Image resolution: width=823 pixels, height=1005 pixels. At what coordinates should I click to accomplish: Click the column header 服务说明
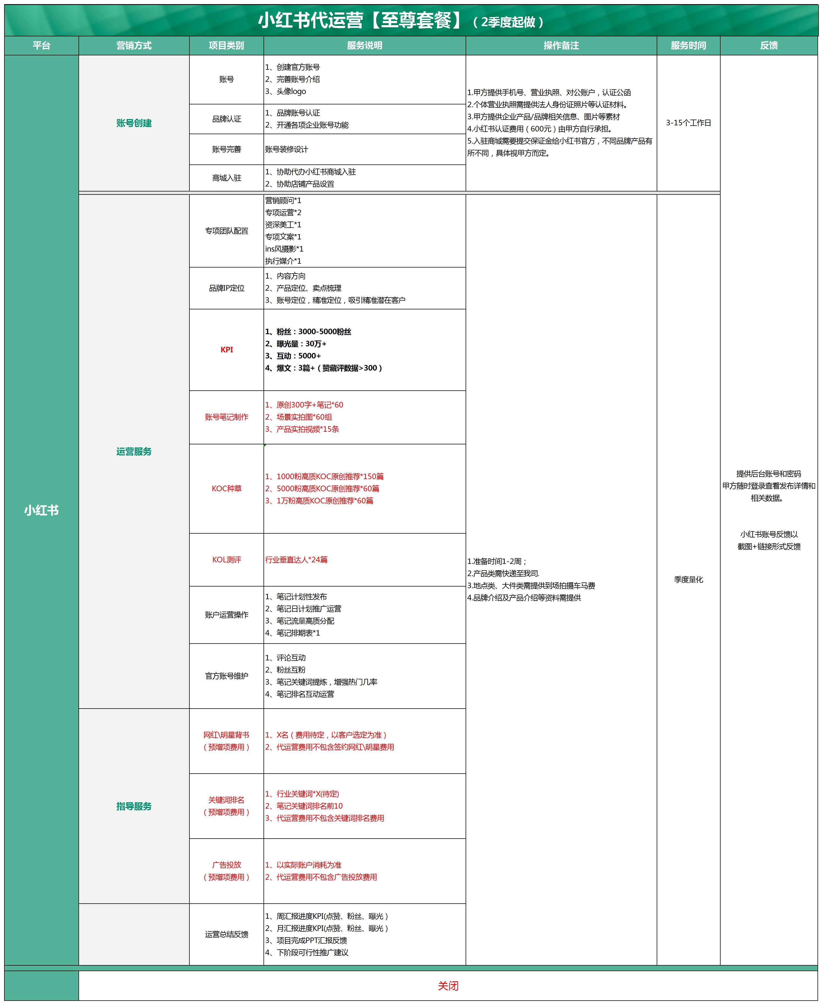click(364, 45)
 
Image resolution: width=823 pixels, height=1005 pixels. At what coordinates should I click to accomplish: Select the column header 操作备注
click(561, 45)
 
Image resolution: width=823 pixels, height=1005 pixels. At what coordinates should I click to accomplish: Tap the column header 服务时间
click(688, 45)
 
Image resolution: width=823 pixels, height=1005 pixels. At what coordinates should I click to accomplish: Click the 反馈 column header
click(768, 45)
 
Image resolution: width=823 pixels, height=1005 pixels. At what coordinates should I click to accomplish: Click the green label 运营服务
click(134, 452)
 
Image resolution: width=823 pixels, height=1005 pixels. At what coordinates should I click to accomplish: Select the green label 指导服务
click(134, 806)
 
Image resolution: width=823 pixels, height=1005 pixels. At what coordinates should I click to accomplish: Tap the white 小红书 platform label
click(41, 510)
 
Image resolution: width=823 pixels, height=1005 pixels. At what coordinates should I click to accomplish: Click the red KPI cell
click(227, 350)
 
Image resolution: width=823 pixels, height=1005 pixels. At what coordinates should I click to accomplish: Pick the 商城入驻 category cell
click(227, 178)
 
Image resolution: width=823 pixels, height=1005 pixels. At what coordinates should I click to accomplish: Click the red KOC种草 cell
click(227, 488)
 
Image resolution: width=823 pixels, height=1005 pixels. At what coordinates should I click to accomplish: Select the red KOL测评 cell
click(227, 560)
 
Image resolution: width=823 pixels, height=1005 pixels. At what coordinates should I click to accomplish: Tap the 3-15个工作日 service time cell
click(688, 123)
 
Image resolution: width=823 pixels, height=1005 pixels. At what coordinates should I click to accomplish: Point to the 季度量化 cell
click(688, 580)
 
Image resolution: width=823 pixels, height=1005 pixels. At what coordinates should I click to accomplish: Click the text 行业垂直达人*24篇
click(296, 560)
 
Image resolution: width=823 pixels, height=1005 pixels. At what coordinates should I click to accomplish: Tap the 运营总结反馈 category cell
click(227, 934)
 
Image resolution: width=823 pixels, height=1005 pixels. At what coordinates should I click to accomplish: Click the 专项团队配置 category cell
click(227, 231)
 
